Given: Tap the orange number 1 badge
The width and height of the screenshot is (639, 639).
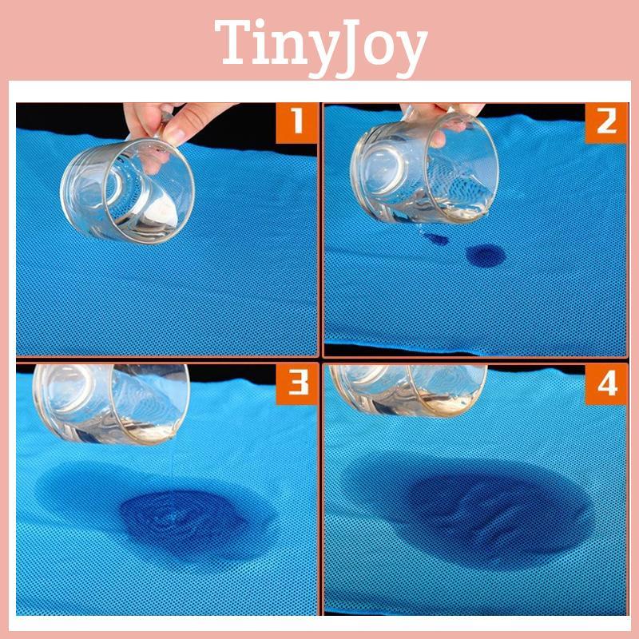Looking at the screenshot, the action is (x=296, y=123).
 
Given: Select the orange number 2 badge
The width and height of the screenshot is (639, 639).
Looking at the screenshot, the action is (x=606, y=123).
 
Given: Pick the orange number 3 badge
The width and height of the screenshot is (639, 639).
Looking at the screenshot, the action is (x=296, y=384).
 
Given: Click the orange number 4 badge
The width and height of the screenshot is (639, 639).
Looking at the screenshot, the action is (x=606, y=384).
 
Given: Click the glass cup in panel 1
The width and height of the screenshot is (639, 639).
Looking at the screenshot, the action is (x=128, y=189).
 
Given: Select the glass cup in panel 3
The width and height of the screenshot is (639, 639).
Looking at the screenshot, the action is (x=111, y=403).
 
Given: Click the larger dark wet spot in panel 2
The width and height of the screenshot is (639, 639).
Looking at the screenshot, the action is (x=486, y=256).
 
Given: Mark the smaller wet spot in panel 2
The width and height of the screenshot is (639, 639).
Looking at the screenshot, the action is (x=436, y=238).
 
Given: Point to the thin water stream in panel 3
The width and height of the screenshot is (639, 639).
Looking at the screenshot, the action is (x=173, y=469).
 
